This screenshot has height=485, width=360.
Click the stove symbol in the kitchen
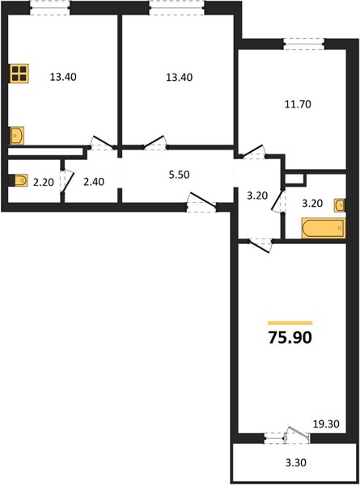(x=19, y=74)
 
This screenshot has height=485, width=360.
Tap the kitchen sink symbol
(x=17, y=135)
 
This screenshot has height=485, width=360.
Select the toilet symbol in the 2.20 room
(x=19, y=180)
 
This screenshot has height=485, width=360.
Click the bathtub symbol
(x=323, y=228)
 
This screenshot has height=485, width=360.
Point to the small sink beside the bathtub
(x=339, y=205)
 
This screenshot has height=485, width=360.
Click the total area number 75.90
(x=290, y=337)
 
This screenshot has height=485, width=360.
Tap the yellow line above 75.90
(x=290, y=323)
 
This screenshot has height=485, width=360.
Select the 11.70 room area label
(x=298, y=104)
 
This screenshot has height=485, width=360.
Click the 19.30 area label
(x=326, y=424)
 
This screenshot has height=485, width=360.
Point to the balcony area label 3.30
(x=296, y=462)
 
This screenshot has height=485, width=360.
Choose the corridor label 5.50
(x=179, y=175)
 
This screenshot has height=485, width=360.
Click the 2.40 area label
(x=94, y=182)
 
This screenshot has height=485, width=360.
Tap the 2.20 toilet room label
(x=44, y=183)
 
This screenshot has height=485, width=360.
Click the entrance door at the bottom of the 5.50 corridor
(x=201, y=202)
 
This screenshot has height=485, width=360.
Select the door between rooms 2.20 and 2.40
(x=66, y=182)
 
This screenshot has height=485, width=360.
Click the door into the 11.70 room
(x=252, y=152)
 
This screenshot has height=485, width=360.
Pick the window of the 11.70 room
(x=304, y=44)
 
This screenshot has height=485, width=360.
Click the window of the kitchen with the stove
(x=50, y=8)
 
